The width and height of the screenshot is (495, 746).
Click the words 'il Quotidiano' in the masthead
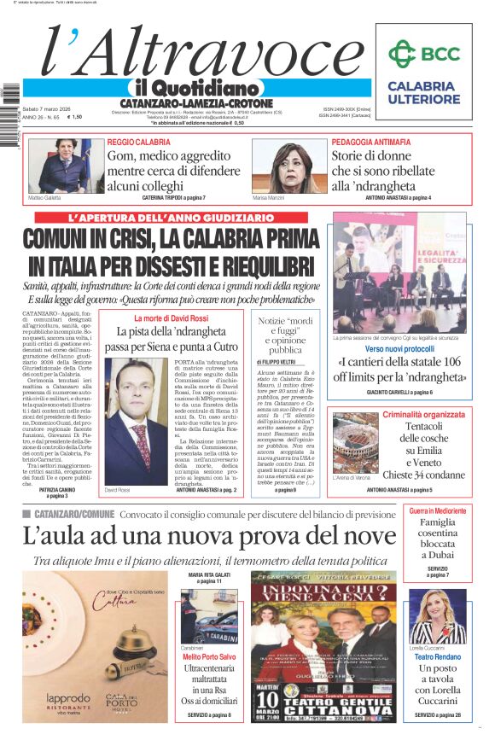(x=196, y=88)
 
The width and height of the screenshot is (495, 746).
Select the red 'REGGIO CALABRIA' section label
(x=139, y=142)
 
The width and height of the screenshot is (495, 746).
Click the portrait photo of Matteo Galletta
(x=60, y=166)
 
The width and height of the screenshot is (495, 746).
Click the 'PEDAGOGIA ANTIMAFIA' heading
(x=375, y=142)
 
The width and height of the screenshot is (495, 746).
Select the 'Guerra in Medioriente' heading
(x=437, y=510)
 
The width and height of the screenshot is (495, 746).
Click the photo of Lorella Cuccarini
(x=437, y=616)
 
